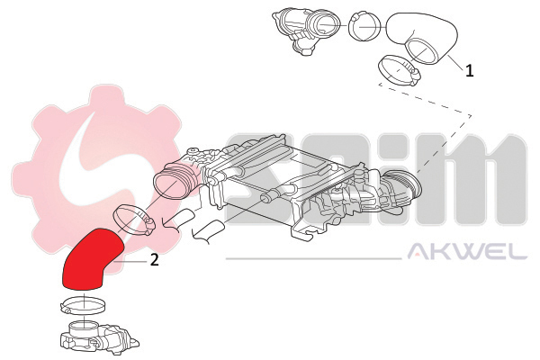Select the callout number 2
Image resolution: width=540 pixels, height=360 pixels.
coord(155,260)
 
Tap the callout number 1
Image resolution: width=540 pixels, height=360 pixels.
coord(470,70)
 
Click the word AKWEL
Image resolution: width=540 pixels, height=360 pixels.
coord(467,251)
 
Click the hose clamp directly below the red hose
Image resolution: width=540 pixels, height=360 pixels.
coord(83,304)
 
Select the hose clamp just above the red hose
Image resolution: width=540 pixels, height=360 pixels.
coord(133,219)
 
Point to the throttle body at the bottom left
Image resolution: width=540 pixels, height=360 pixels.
coord(98,337)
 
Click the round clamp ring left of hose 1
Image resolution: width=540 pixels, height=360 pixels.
coord(365,25)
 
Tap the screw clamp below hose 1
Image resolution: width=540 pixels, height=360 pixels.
coord(399,70)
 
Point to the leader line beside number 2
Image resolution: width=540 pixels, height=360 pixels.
coord(131,262)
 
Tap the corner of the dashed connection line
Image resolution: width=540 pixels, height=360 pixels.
coord(471,117)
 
